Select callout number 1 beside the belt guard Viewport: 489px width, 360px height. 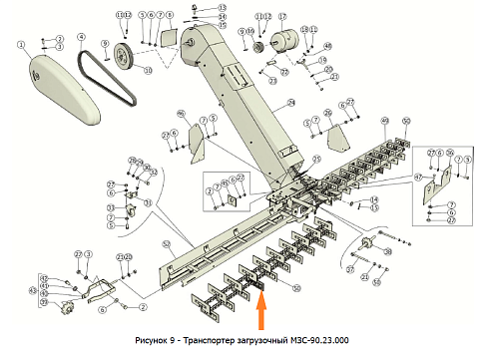[x=19, y=44]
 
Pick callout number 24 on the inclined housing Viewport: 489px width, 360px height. [x=291, y=103]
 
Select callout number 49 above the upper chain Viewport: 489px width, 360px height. [x=384, y=121]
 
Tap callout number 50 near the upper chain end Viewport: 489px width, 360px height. [x=406, y=121]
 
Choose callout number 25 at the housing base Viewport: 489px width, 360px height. [x=317, y=159]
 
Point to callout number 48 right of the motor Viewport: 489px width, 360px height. [x=328, y=47]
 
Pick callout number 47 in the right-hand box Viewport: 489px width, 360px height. [x=418, y=177]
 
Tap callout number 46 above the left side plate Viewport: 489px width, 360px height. [x=182, y=112]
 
